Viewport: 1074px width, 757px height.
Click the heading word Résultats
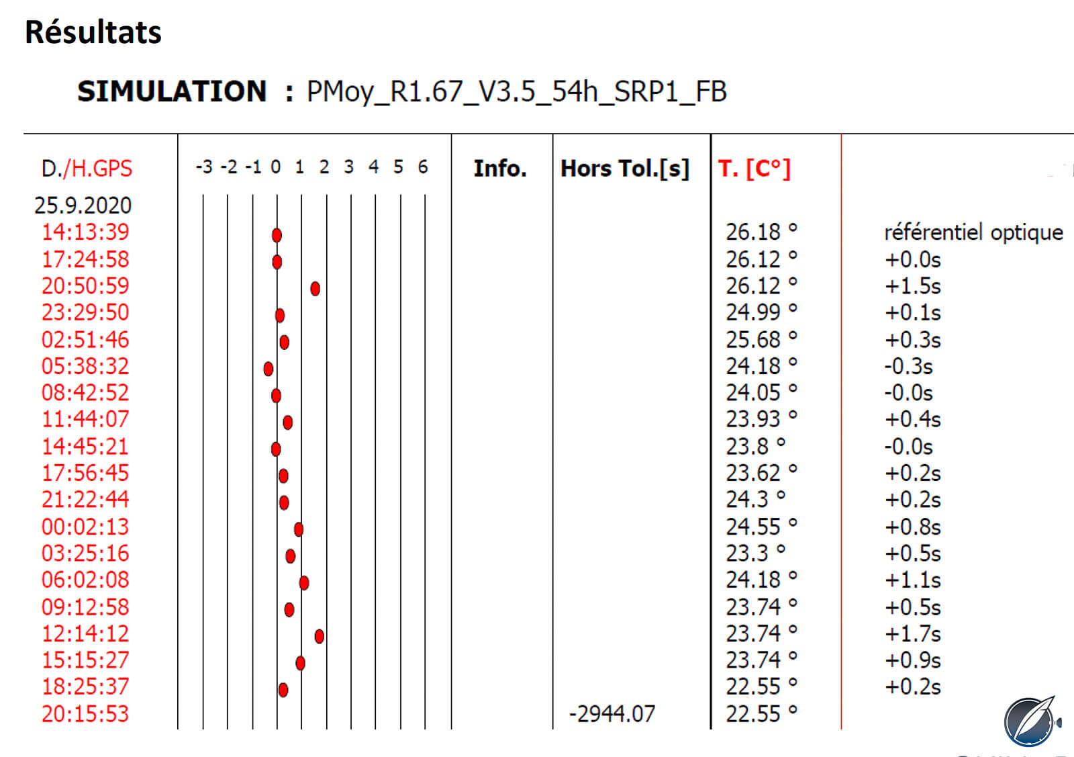point(93,32)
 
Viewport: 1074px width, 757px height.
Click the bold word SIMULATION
point(172,91)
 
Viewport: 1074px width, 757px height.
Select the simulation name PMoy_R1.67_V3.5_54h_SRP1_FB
point(516,92)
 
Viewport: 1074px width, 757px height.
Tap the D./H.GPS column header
point(87,169)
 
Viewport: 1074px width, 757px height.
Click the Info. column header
point(500,169)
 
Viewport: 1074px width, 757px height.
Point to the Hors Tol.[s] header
point(625,169)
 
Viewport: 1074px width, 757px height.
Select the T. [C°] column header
point(754,169)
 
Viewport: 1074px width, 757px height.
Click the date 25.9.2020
point(83,206)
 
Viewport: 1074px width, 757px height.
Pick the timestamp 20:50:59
point(85,286)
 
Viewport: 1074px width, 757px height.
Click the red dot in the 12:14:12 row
point(320,637)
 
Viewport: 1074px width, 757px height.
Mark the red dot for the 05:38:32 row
point(268,369)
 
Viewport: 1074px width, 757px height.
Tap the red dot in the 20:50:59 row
point(315,289)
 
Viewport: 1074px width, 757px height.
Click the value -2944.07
point(612,714)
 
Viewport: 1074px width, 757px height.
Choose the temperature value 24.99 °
point(761,312)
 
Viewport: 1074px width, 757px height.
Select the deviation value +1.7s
point(913,633)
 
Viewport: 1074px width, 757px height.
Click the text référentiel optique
point(974,232)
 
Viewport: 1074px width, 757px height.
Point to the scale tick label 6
point(422,167)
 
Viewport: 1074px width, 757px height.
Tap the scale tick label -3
point(204,167)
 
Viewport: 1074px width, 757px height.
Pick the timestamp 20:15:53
point(85,714)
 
